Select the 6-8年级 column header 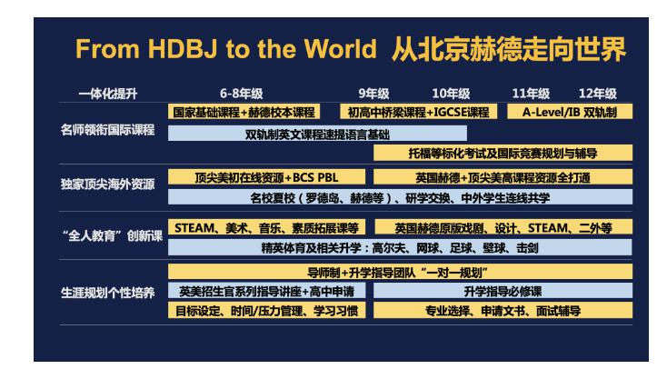tap(241, 94)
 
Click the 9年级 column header tap(373, 94)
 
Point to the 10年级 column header tap(451, 94)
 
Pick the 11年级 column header tap(531, 94)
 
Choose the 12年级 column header tap(597, 94)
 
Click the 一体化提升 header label tap(108, 94)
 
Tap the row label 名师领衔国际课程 tap(107, 130)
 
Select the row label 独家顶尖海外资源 tap(107, 185)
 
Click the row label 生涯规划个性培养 tap(107, 293)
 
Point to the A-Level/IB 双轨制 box tap(570, 112)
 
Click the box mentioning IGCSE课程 tap(418, 112)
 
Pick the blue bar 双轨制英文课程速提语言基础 tap(317, 134)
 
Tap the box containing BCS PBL tap(266, 177)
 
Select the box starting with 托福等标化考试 tap(503, 153)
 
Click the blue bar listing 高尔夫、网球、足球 tap(400, 247)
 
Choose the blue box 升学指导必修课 tap(503, 291)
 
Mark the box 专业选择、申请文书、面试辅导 tap(503, 311)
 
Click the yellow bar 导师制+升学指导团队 tap(400, 272)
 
